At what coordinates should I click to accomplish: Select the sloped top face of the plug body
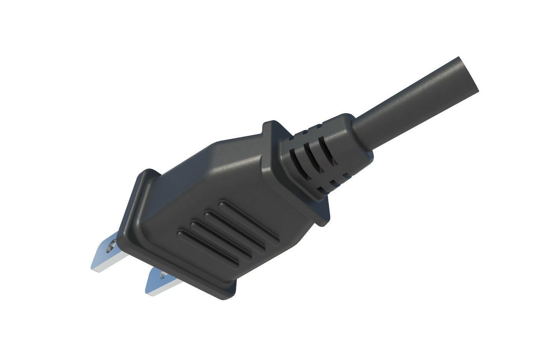click(x=230, y=161)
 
